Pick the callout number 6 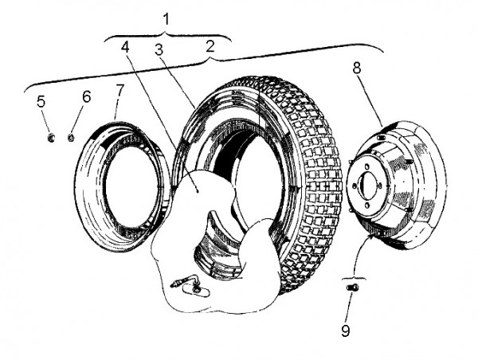(x=86, y=96)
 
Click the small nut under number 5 (x=49, y=138)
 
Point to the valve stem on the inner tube (x=182, y=282)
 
